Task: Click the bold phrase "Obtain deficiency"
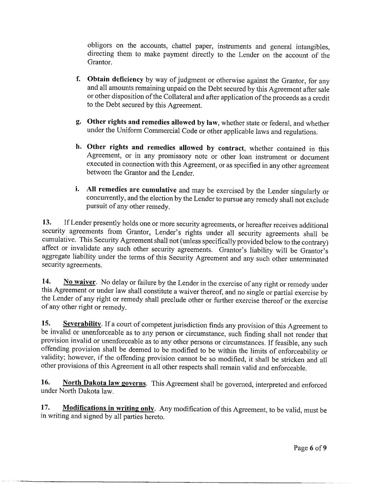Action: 115,79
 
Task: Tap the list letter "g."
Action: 78,122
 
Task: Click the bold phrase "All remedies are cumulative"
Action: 132,189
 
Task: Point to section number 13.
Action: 47,223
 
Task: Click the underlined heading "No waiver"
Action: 79,282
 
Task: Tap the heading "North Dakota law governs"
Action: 104,383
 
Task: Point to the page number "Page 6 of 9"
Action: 310,448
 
